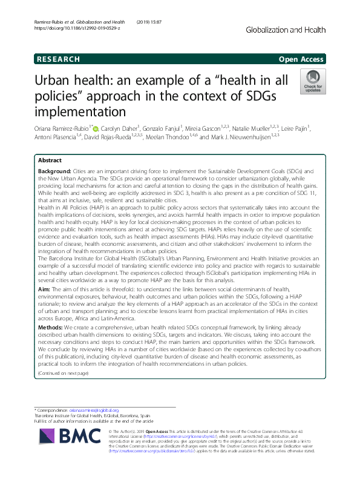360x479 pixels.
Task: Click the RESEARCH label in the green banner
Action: [x=59, y=59]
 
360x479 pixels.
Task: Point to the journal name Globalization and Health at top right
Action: [x=287, y=30]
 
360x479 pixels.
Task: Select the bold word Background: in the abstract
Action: [x=56, y=173]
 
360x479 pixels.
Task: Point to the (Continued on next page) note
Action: [x=63, y=373]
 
